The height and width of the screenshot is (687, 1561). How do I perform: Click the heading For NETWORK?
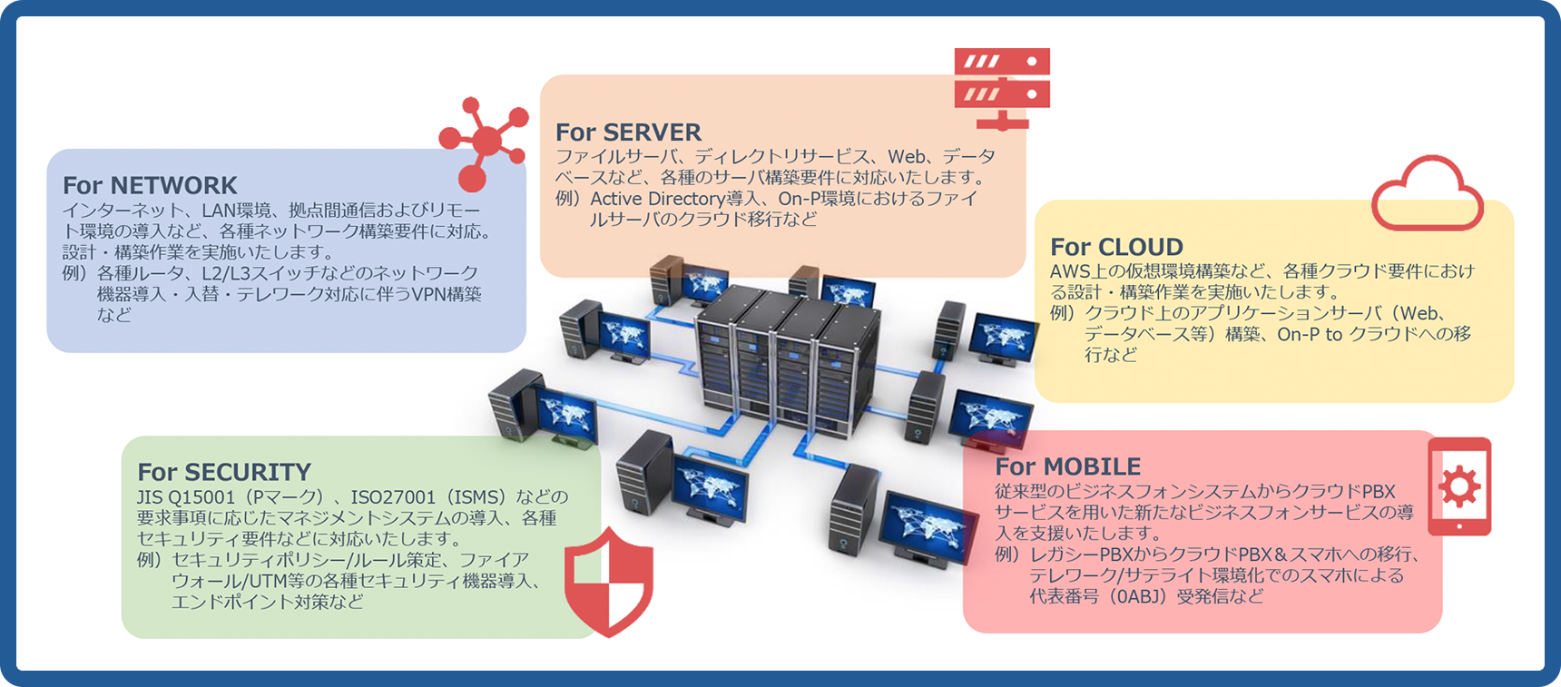pyautogui.click(x=150, y=185)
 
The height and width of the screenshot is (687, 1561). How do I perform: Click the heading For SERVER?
pyautogui.click(x=628, y=132)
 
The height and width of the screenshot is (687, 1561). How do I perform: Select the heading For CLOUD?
pyautogui.click(x=1116, y=247)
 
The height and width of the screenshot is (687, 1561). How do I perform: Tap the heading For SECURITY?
pyautogui.click(x=224, y=472)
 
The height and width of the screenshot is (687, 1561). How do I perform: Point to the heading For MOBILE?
pyautogui.click(x=1067, y=466)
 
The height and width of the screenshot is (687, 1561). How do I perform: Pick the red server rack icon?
pyautogui.click(x=1002, y=87)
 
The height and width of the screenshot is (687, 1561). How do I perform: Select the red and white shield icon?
pyautogui.click(x=609, y=581)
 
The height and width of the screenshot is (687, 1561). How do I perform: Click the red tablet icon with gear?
pyautogui.click(x=1459, y=486)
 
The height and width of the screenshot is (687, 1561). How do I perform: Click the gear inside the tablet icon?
pyautogui.click(x=1459, y=486)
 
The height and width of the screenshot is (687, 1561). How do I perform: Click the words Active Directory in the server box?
pyautogui.click(x=658, y=199)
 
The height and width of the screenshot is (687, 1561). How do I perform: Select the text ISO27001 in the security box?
pyautogui.click(x=393, y=497)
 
